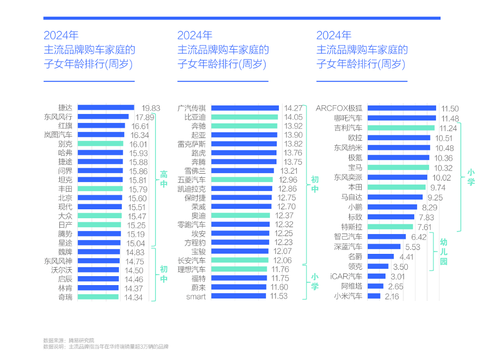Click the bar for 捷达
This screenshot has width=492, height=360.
(x=106, y=108)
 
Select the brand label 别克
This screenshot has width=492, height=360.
(x=65, y=144)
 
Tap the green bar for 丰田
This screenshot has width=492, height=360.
(x=100, y=189)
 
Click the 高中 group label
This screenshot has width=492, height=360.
(x=164, y=180)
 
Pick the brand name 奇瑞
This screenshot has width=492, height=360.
(x=65, y=297)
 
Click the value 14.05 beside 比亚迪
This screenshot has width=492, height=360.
(x=293, y=117)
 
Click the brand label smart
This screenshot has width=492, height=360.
(x=196, y=297)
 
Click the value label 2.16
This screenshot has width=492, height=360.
(x=392, y=297)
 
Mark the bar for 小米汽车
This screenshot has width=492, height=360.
(x=374, y=297)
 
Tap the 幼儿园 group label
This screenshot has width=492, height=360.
(x=443, y=251)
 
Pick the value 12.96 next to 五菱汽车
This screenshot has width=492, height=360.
(x=288, y=180)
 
